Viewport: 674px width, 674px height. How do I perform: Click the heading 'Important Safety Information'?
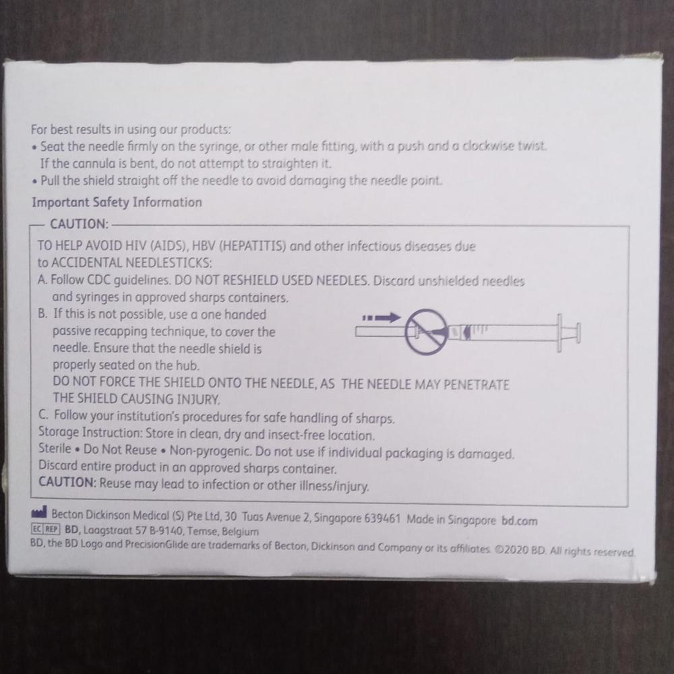pos(117,202)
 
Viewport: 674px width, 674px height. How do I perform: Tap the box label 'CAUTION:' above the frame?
pos(79,224)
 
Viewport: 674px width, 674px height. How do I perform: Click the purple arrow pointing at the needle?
pos(381,318)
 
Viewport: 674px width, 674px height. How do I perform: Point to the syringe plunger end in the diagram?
pos(578,333)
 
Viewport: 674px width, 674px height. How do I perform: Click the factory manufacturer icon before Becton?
pos(38,512)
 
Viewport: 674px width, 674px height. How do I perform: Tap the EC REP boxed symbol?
pos(46,529)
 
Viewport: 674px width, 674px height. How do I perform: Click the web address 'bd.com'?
pos(519,521)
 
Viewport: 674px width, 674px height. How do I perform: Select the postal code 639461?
pos(382,518)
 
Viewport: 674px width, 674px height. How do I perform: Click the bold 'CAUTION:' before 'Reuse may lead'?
pos(67,483)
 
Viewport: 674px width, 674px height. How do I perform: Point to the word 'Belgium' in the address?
pos(241,532)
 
